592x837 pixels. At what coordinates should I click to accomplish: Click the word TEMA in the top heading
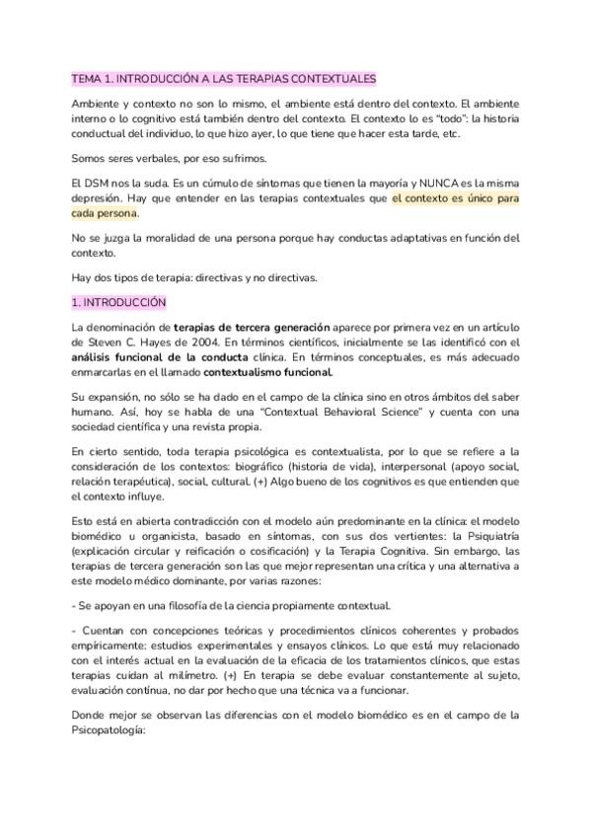click(88, 78)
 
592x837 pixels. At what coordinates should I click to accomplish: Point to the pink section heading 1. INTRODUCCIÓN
click(118, 302)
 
